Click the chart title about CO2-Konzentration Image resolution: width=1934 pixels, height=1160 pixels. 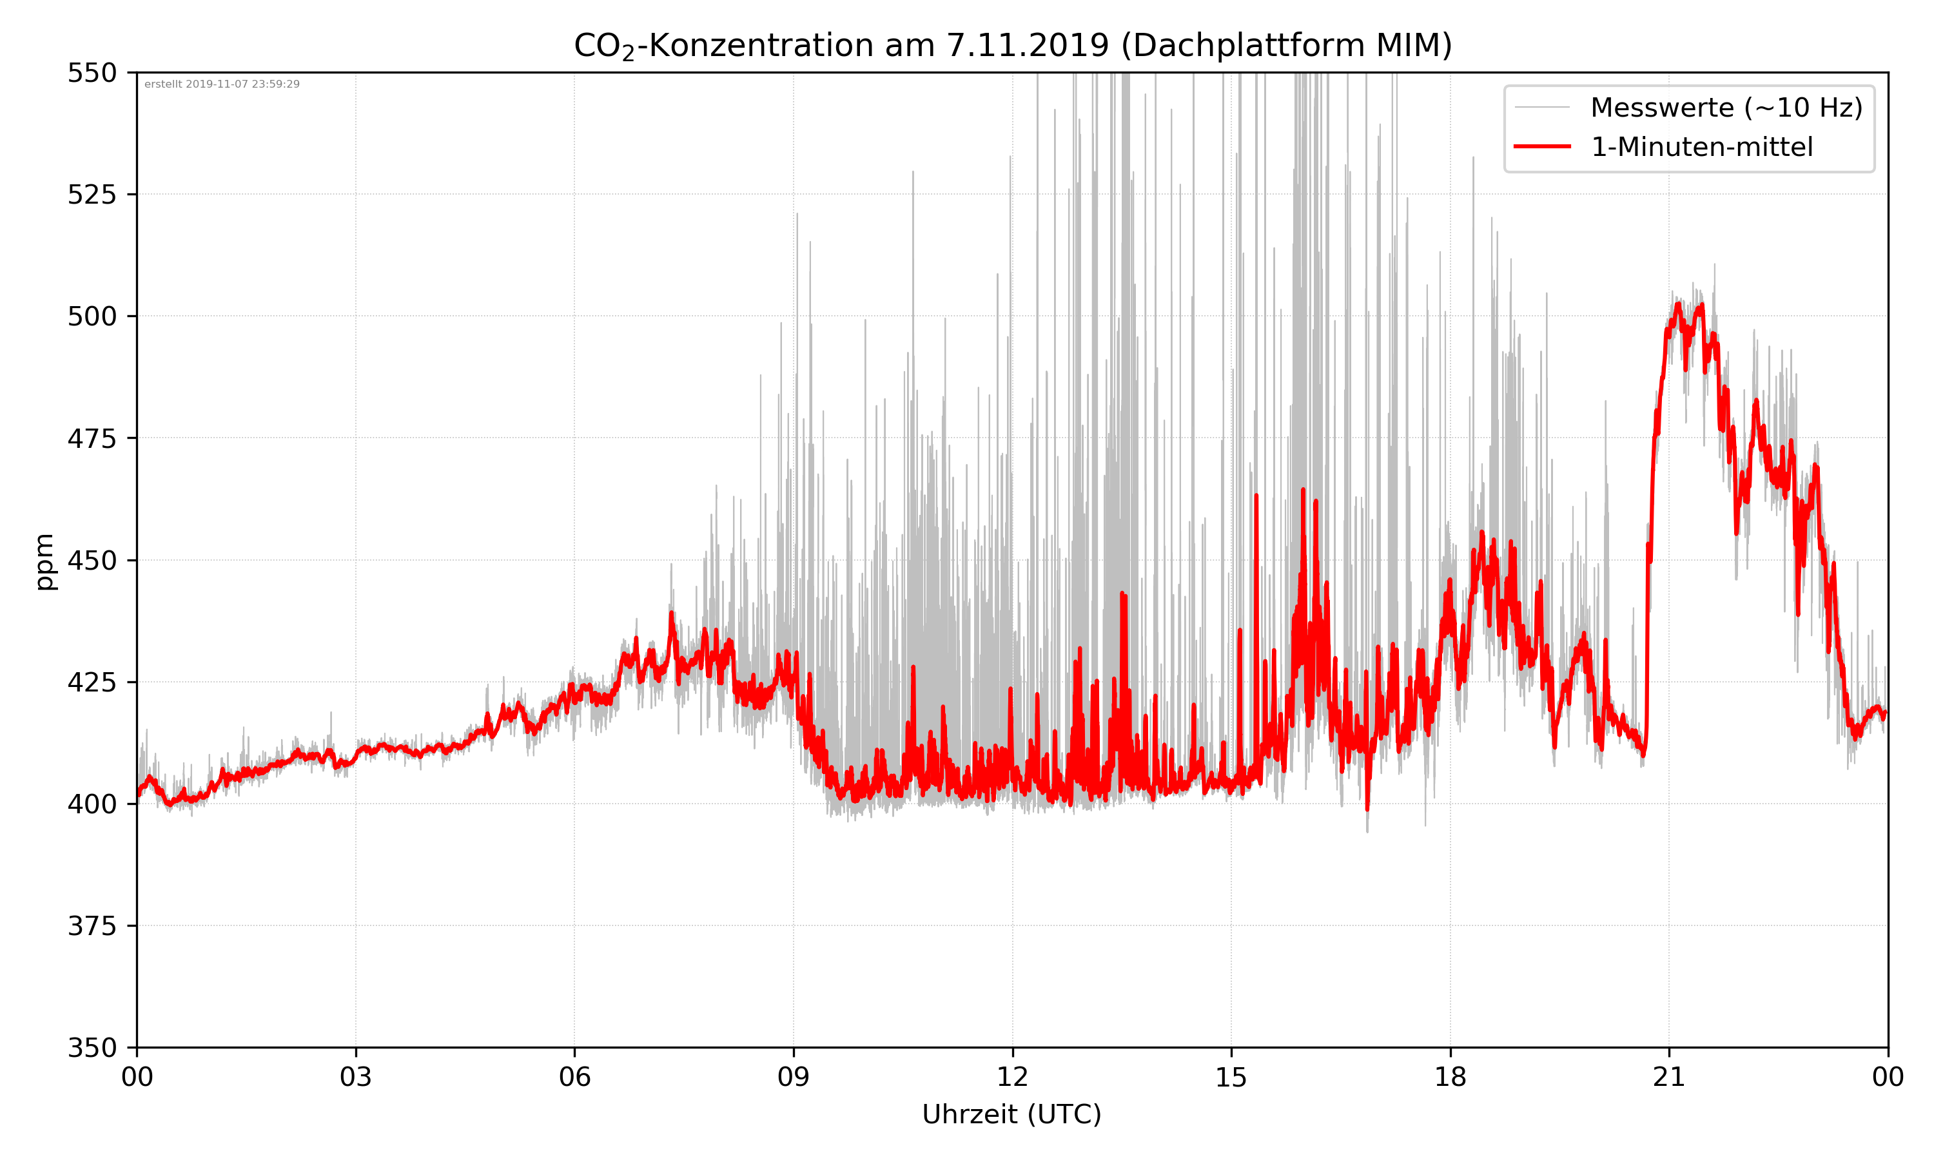click(1012, 45)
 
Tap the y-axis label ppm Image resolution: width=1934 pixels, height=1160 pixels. click(44, 561)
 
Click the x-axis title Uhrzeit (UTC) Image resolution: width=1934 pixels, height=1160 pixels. click(1011, 1114)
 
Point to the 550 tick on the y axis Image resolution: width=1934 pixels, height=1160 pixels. click(92, 73)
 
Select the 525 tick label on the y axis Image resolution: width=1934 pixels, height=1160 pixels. click(92, 195)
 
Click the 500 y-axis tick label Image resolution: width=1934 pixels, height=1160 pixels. click(92, 316)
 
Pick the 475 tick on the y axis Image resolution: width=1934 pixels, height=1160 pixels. click(92, 438)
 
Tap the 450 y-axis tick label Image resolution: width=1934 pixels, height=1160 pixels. click(92, 561)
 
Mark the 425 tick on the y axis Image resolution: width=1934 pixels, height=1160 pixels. click(92, 682)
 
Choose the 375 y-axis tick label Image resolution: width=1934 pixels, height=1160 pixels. click(92, 926)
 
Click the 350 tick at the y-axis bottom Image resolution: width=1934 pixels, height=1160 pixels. click(92, 1047)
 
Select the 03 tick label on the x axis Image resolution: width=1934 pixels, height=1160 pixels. click(356, 1077)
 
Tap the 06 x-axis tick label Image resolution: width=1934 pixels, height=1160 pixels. click(574, 1077)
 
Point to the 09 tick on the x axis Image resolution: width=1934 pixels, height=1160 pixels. click(794, 1077)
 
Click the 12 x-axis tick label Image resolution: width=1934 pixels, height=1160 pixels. click(1012, 1077)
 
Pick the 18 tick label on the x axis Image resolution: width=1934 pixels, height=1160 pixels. click(1450, 1077)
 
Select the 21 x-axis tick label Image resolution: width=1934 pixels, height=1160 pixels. click(1669, 1077)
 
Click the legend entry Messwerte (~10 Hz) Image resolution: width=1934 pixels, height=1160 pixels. click(1726, 108)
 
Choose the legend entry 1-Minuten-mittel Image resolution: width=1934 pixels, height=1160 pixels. click(1701, 147)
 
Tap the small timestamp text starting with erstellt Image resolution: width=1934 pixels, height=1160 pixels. click(222, 84)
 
